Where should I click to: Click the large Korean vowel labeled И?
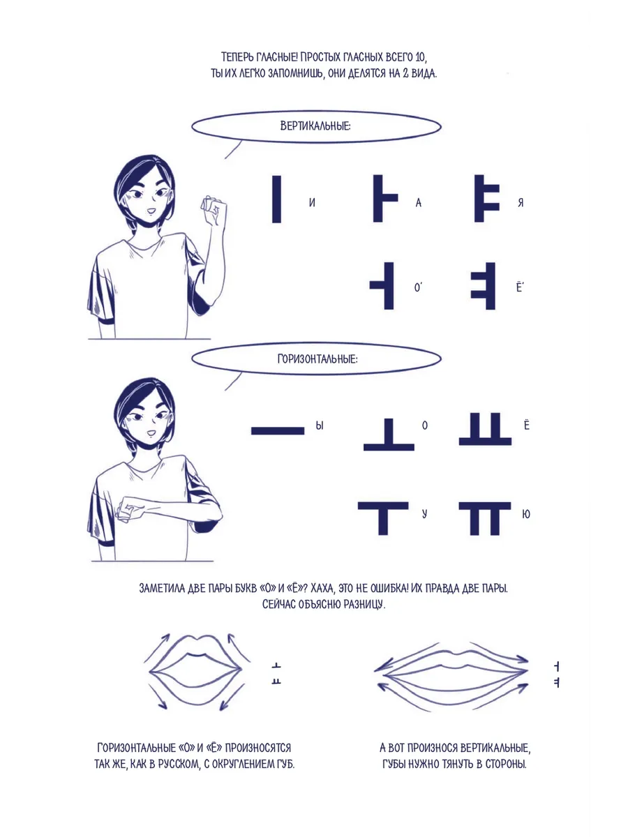point(276,199)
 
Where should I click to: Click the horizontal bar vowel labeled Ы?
point(278,431)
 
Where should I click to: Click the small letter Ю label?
point(526,514)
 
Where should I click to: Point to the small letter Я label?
point(521,202)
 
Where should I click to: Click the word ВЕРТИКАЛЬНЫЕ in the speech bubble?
point(315,126)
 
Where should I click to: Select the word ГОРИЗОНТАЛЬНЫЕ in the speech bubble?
point(317,359)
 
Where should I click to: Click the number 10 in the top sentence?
point(420,57)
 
